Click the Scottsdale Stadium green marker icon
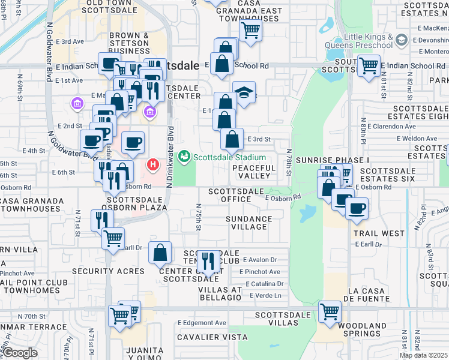(x=184, y=157)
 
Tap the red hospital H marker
(x=154, y=164)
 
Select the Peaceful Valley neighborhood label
(x=254, y=172)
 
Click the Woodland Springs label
(x=362, y=329)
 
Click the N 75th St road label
(x=198, y=217)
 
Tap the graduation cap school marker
(x=244, y=92)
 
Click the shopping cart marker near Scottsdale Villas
(x=330, y=311)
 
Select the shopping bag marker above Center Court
(x=160, y=253)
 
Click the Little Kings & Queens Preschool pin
(x=401, y=41)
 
